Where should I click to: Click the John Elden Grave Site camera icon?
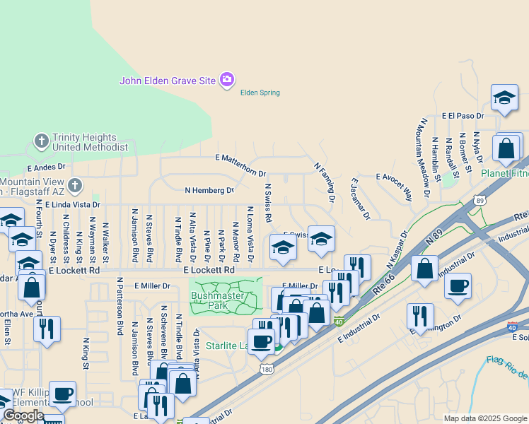(x=227, y=80)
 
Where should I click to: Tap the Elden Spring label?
(x=260, y=93)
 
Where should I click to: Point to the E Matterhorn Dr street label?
(x=240, y=166)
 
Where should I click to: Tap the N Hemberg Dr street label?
(x=209, y=190)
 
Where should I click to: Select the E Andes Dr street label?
(x=46, y=167)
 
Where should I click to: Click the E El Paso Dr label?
(x=463, y=115)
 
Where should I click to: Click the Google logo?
(x=23, y=416)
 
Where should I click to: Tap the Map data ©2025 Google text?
(x=484, y=418)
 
